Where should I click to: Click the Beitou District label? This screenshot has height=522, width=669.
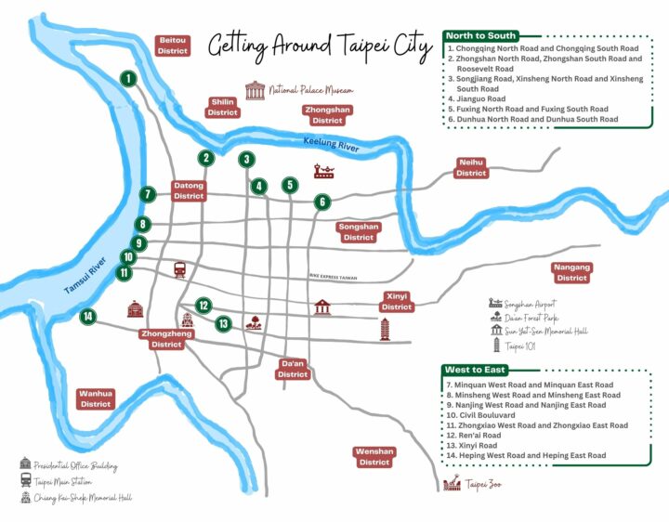174,46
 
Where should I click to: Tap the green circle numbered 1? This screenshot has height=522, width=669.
128,80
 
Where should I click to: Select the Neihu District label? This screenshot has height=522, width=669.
471,168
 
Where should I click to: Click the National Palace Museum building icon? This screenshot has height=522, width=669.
255,90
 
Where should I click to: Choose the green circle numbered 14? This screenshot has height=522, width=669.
88,317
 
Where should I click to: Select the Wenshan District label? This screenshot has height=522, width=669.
374,457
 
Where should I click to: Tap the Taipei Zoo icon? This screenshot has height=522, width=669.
453,484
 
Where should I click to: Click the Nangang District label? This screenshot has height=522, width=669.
572,273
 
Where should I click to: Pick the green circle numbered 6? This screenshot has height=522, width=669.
322,202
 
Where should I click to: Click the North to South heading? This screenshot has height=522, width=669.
481,36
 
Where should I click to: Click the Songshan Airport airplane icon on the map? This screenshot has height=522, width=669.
324,171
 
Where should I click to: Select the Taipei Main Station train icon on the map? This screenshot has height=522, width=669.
180,269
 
